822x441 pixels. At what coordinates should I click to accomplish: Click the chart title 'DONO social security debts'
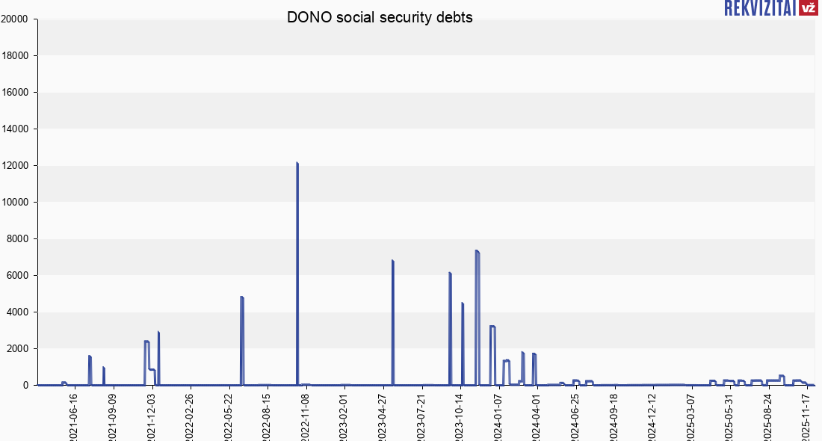[x=380, y=18]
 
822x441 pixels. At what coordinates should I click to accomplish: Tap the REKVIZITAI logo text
[x=760, y=8]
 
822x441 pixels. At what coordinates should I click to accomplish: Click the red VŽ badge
[x=808, y=8]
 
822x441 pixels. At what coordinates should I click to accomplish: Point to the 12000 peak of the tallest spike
[x=297, y=163]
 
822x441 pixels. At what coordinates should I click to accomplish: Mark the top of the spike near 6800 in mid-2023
[x=392, y=261]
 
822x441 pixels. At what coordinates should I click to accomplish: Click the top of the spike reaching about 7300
[x=477, y=251]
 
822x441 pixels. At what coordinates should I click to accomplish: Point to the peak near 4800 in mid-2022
[x=242, y=297]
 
